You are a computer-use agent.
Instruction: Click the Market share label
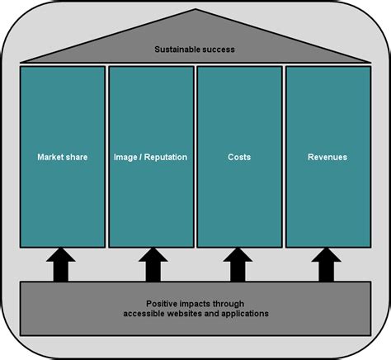pos(62,156)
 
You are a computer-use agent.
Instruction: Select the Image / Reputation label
pos(150,156)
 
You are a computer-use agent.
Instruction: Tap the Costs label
pos(239,156)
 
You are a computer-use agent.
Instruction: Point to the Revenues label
pos(327,156)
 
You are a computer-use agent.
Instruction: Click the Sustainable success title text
pos(195,50)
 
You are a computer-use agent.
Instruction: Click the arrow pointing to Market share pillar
pos(62,265)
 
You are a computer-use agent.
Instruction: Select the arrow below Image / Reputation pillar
pos(150,265)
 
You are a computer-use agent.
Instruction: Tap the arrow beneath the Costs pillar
pos(239,265)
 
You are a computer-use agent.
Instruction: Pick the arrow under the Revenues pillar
pos(327,265)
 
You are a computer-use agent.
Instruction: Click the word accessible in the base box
pos(144,314)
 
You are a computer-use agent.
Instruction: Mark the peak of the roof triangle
pos(195,11)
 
